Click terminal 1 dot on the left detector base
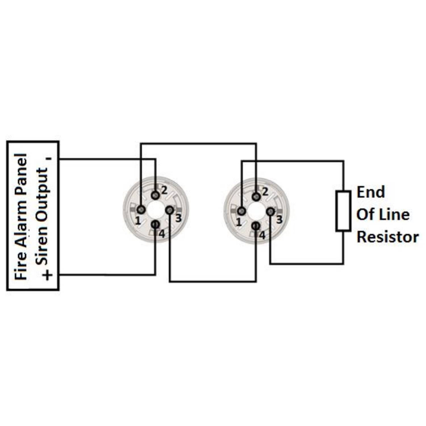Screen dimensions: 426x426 [x=141, y=209]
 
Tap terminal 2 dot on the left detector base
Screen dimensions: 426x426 [x=155, y=195]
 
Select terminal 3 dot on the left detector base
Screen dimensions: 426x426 [x=169, y=210]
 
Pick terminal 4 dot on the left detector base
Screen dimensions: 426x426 [x=155, y=225]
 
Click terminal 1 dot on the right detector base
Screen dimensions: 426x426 [x=241, y=211]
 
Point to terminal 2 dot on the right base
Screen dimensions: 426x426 [x=256, y=196]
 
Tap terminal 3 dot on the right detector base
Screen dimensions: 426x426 [x=270, y=212]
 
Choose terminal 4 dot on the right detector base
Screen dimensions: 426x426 [x=256, y=226]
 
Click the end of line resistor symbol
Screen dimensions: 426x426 [x=343, y=211]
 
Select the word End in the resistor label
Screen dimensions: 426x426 [x=371, y=192]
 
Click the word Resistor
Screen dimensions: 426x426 [x=388, y=237]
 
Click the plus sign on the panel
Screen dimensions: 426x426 [x=48, y=275]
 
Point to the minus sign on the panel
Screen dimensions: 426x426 [x=50, y=159]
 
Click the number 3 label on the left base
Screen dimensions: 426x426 [x=178, y=218]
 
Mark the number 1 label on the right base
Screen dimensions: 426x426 [x=238, y=223]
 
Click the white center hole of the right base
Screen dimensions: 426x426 [x=256, y=211]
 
